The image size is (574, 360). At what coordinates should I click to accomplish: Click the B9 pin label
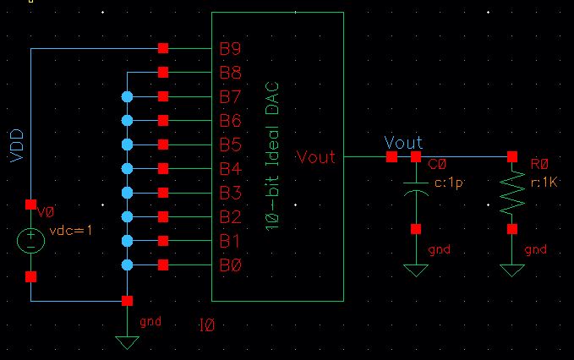coord(231,48)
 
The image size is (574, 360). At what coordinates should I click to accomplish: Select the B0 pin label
coord(231,266)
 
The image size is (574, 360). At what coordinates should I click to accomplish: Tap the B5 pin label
coord(231,145)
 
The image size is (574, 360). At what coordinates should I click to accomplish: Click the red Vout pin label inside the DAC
coord(315,157)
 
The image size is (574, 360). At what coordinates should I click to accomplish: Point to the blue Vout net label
coord(403,143)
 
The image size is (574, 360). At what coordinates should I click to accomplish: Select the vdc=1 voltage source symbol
coord(31,240)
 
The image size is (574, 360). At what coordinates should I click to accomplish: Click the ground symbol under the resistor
coord(511,270)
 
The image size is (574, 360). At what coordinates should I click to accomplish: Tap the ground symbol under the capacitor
coord(415,270)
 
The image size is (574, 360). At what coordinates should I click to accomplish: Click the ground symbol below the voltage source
coord(127,341)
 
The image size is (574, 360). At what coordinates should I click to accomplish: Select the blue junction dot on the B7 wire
coord(127,96)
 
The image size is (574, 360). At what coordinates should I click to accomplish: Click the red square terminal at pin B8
coord(163,72)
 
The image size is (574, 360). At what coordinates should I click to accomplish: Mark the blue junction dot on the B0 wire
coord(127,266)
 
